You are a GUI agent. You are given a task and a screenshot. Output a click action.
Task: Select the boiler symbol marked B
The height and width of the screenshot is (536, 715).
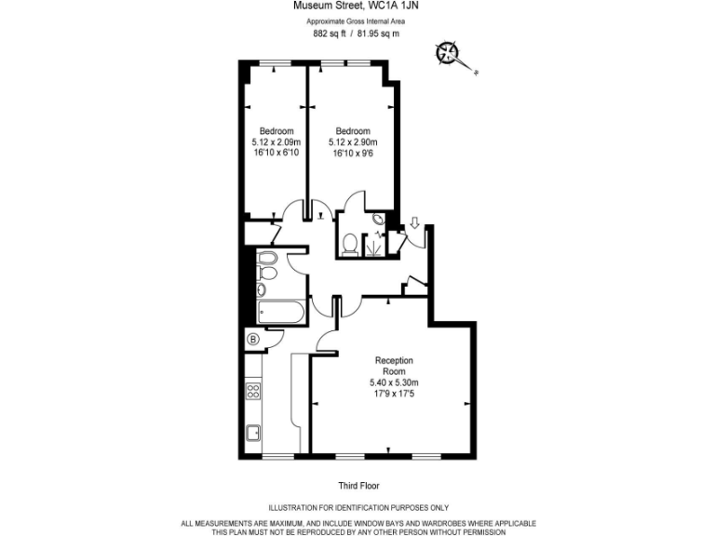coord(253,340)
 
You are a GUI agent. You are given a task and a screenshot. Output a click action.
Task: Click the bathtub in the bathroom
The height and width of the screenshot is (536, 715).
coord(280,313)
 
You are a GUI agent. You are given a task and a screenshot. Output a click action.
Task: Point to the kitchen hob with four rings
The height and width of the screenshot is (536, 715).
coord(252,392)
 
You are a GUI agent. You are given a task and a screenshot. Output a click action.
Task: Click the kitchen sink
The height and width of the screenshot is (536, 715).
coord(252,432)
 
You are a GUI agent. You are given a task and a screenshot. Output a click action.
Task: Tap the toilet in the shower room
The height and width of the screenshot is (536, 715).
coord(350,244)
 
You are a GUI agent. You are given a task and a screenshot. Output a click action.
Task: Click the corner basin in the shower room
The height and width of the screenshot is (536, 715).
coord(378,220)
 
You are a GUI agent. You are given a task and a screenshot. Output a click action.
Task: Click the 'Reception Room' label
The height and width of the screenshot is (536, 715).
coord(394,366)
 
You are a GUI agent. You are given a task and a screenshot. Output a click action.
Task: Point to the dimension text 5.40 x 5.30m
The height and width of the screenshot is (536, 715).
coord(394,382)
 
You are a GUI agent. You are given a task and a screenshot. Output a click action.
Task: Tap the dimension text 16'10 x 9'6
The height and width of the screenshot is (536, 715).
coord(353,154)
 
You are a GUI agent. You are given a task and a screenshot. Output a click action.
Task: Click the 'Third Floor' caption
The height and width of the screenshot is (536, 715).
coord(358,486)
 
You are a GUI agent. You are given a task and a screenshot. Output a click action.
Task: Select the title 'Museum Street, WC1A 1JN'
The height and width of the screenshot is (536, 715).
coord(358,6)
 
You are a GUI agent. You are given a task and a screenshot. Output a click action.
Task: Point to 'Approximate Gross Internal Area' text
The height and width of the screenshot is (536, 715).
coord(358,20)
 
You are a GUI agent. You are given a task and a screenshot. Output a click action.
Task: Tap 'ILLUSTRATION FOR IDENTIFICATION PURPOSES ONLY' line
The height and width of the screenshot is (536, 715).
coord(358,508)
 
